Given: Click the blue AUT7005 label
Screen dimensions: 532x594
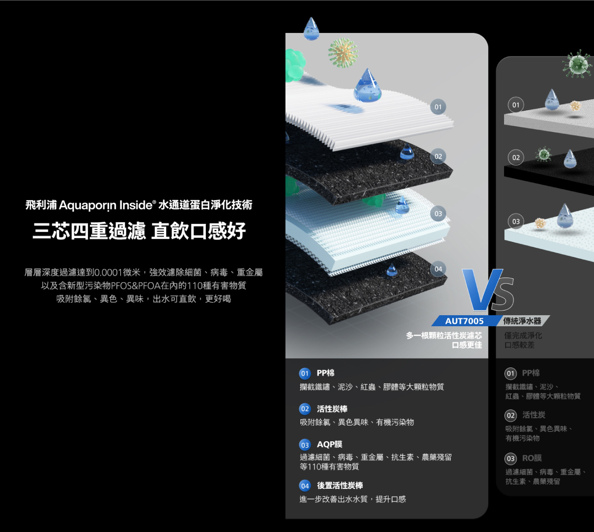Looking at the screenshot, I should [464, 321].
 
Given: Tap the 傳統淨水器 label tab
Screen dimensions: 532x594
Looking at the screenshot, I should [522, 321].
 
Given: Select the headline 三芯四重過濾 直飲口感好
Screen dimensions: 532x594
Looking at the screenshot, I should [139, 231].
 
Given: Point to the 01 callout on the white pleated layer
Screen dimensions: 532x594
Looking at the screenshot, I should [438, 107].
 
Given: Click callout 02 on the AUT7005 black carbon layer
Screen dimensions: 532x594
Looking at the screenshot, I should [438, 157].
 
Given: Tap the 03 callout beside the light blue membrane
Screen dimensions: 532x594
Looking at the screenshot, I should [438, 214].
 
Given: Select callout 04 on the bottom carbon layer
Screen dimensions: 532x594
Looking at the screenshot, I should [438, 269].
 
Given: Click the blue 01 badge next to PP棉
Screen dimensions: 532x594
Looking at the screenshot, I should [305, 373].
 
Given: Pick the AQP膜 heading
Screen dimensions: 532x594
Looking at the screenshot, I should [330, 444].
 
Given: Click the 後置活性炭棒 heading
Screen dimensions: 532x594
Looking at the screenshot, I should [340, 485].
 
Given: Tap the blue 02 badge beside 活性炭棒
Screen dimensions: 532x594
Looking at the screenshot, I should [305, 409].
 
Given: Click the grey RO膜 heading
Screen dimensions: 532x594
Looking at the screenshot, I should [532, 458].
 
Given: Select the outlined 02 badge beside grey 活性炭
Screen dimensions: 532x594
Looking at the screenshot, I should [511, 415].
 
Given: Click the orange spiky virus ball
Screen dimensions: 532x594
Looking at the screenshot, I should [343, 53].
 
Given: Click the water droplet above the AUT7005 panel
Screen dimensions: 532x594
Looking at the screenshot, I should [311, 29].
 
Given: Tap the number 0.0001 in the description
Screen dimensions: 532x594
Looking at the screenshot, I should [109, 272].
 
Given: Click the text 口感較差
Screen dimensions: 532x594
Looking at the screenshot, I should [519, 345].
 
